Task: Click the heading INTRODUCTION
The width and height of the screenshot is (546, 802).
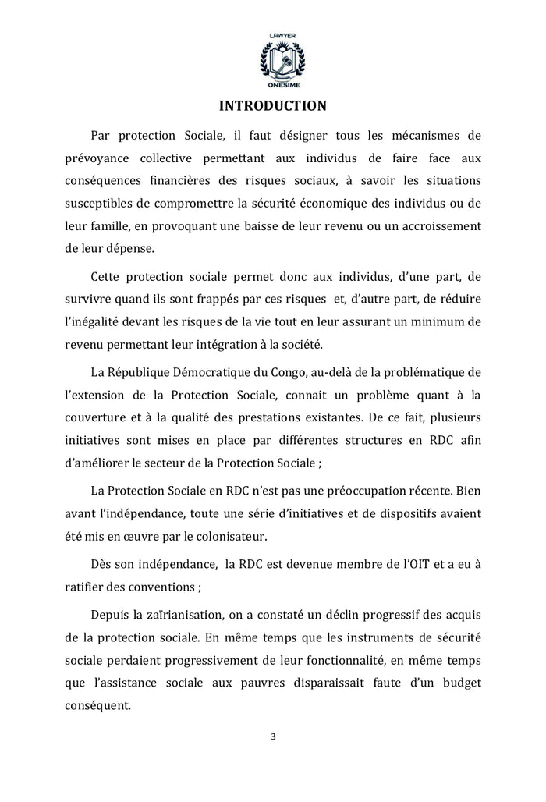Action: click(272, 105)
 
